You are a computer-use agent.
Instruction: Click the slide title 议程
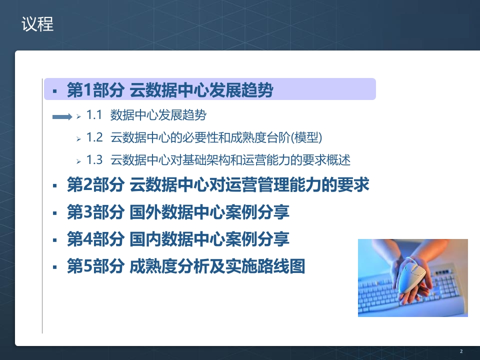[37, 24]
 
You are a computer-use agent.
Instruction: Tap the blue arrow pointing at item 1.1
[62, 116]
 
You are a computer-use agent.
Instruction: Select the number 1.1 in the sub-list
[94, 115]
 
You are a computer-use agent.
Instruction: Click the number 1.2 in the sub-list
[94, 137]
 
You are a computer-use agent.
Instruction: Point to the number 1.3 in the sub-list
[94, 160]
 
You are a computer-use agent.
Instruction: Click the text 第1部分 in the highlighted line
[95, 90]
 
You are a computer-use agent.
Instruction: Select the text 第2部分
[95, 184]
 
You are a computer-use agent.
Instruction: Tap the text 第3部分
[95, 212]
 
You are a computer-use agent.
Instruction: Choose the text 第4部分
[95, 239]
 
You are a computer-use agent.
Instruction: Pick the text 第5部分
[95, 266]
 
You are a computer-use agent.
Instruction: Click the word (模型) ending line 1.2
[306, 138]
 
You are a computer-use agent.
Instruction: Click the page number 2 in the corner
[461, 351]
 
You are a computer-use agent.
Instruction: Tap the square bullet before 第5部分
[55, 267]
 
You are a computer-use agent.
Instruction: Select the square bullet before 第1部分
[55, 91]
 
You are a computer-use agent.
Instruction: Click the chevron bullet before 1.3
[78, 161]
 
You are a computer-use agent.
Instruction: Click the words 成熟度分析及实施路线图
[217, 266]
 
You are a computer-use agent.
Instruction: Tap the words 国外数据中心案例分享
[209, 212]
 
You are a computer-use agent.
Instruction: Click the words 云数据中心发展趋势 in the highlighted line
[201, 90]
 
